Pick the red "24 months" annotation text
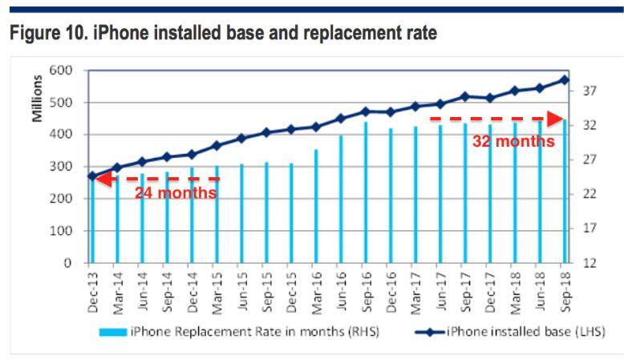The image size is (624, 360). click(x=176, y=193)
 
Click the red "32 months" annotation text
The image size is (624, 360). click(x=513, y=142)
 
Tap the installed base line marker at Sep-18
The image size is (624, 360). click(x=563, y=79)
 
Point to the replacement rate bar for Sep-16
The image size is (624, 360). click(x=365, y=192)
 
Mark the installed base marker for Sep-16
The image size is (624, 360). click(x=365, y=111)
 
